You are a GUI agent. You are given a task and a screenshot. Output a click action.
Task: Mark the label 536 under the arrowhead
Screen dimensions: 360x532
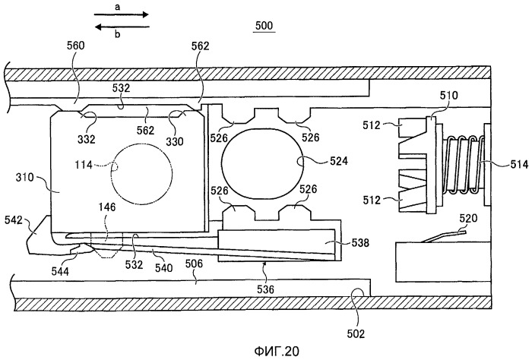[264, 289]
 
